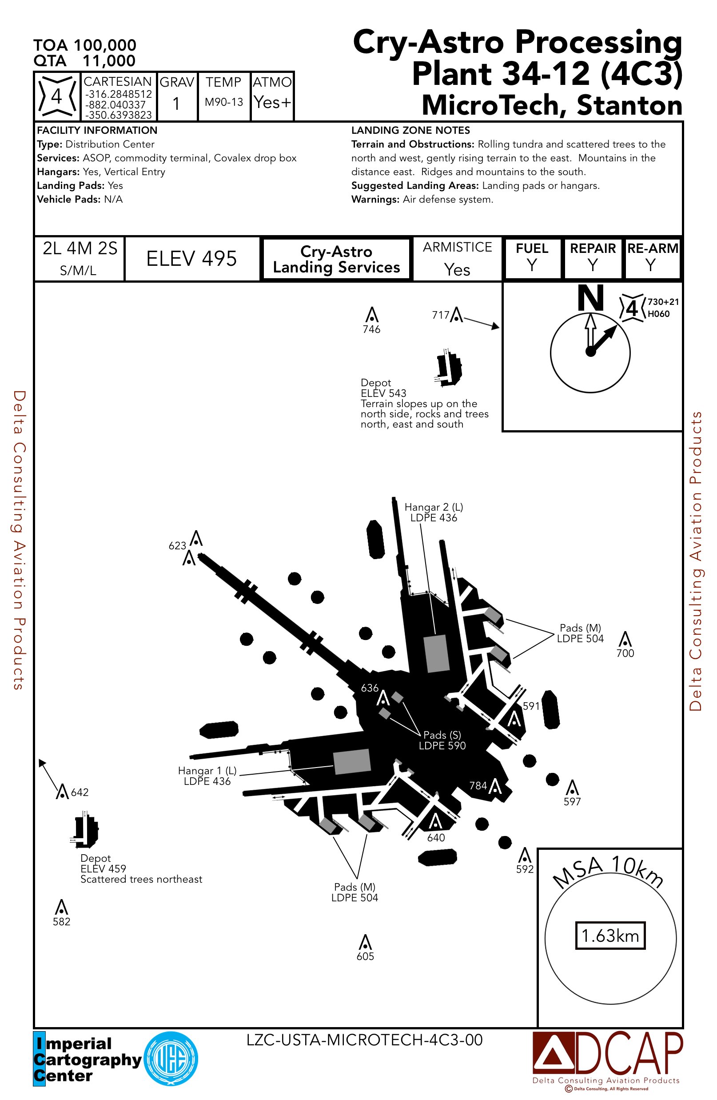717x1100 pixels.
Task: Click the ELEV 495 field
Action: tap(191, 258)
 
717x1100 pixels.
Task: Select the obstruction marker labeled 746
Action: tap(371, 315)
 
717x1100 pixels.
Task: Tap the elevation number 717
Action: tap(440, 315)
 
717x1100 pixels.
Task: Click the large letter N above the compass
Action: tap(590, 298)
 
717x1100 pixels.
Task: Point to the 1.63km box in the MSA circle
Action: tap(610, 936)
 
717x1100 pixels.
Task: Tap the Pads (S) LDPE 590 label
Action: tap(442, 740)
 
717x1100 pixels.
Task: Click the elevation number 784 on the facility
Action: tap(478, 786)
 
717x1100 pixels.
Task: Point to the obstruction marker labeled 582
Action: tap(61, 907)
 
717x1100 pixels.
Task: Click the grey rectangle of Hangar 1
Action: tap(352, 761)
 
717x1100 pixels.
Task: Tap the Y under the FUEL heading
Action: tap(532, 265)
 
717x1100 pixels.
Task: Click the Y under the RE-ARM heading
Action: tap(650, 265)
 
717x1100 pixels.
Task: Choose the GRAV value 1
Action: tap(176, 104)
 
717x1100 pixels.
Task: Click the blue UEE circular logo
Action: tap(171, 1058)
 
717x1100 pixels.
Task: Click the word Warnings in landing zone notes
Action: tap(374, 199)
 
